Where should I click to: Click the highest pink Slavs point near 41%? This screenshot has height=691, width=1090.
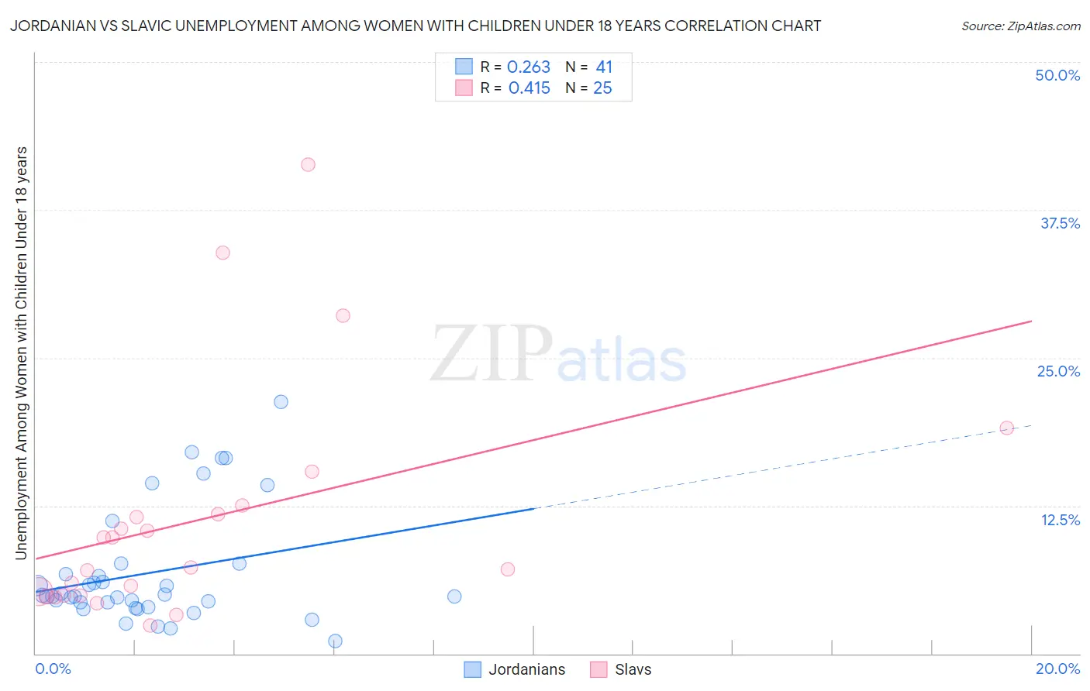click(308, 164)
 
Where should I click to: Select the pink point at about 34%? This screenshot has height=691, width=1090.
click(222, 253)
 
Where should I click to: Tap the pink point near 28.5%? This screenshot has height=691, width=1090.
click(343, 315)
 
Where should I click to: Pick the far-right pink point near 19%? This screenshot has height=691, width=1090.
click(1006, 428)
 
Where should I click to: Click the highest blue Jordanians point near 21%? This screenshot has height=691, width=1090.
click(281, 401)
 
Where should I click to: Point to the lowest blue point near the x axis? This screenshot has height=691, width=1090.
click(335, 641)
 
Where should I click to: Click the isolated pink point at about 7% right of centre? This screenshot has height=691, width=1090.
click(508, 569)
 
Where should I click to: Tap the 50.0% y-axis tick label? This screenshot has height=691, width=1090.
click(1057, 75)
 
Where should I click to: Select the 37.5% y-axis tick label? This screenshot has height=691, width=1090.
click(1060, 223)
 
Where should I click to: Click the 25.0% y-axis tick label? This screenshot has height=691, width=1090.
click(1058, 371)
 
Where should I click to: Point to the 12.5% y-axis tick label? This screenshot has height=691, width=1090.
click(1060, 520)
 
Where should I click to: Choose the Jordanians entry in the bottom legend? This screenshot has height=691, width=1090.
click(526, 669)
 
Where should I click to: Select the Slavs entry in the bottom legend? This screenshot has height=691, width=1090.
click(633, 669)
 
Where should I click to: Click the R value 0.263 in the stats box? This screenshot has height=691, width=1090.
click(529, 67)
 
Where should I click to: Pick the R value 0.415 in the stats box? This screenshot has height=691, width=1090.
click(529, 88)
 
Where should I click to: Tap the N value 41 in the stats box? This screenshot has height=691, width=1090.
click(604, 67)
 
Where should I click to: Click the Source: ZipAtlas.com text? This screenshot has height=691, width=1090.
click(1020, 26)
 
